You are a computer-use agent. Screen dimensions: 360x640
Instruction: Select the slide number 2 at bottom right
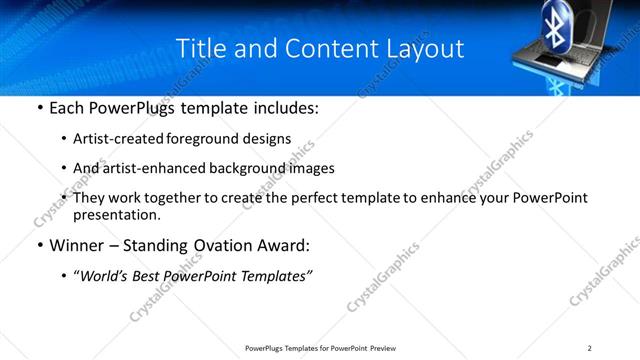click(x=590, y=348)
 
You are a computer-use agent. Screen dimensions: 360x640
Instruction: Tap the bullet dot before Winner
click(x=39, y=245)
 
